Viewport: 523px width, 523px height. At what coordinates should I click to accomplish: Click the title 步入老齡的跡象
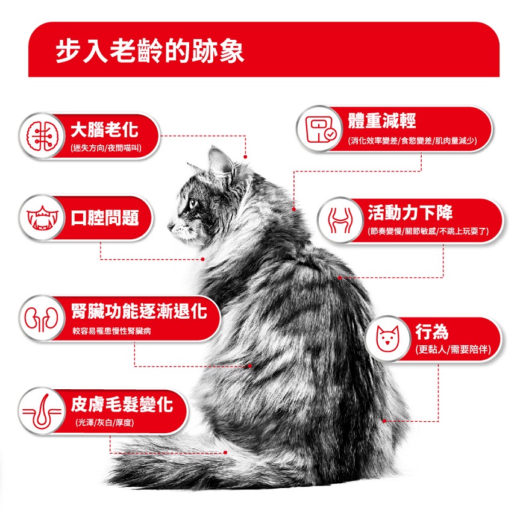[149, 52]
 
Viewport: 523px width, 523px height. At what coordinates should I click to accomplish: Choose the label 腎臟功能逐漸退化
[138, 311]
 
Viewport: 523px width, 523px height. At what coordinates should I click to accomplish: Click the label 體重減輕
[382, 121]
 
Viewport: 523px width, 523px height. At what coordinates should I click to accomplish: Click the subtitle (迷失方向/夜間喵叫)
[105, 148]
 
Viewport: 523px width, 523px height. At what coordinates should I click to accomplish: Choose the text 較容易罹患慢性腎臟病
[111, 331]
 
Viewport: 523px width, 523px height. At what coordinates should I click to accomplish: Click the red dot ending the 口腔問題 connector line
[203, 259]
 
